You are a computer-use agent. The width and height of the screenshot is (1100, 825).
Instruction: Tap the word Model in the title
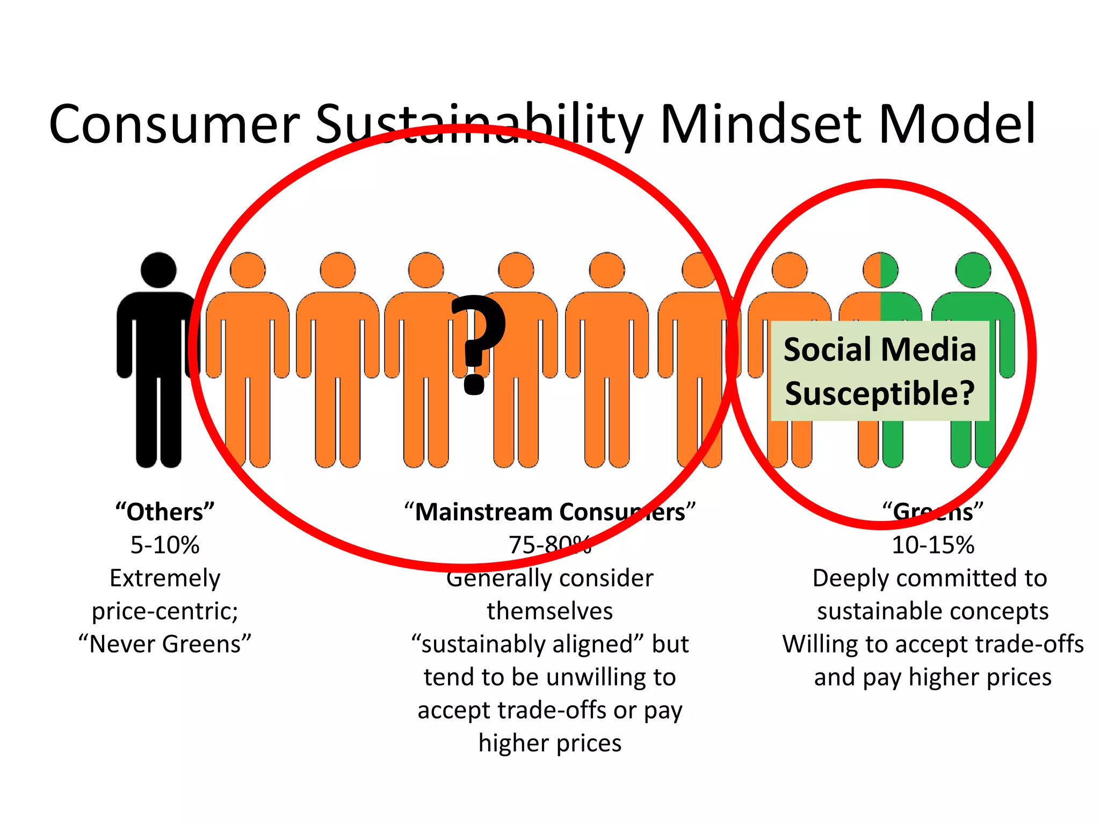[x=956, y=125]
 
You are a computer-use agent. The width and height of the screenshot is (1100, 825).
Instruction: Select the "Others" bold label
[x=165, y=512]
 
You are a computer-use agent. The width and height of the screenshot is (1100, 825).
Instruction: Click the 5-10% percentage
[x=165, y=545]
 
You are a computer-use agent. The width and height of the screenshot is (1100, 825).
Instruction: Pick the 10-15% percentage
[x=933, y=545]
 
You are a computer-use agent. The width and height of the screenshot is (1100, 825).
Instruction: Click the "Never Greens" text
[x=165, y=644]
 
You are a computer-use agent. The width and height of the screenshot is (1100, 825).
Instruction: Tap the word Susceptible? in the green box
[x=880, y=393]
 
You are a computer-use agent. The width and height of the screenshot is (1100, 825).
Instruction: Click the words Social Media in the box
[x=880, y=350]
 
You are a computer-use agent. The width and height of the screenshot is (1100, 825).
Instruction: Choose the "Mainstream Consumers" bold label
[x=550, y=512]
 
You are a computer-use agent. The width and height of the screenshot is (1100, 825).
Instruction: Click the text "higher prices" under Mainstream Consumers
[x=550, y=743]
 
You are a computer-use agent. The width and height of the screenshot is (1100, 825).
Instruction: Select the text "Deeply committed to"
[x=930, y=578]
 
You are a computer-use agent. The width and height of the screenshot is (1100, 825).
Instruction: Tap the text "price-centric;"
[x=165, y=611]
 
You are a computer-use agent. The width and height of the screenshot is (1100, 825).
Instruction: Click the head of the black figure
[x=158, y=270]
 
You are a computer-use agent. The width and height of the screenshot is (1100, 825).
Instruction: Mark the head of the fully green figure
[x=973, y=270]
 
